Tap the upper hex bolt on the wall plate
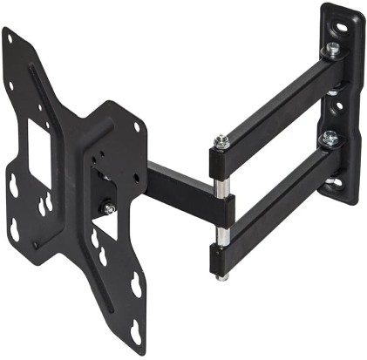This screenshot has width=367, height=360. pyautogui.click(x=333, y=50)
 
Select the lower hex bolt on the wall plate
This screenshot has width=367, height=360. pyautogui.click(x=330, y=137)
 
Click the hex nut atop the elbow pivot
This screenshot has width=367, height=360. pyautogui.click(x=221, y=139)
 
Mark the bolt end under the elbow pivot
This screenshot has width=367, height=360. pyautogui.click(x=224, y=277)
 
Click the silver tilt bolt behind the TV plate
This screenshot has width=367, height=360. pyautogui.click(x=108, y=209)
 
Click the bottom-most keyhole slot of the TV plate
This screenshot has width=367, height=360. pyautogui.click(x=136, y=330)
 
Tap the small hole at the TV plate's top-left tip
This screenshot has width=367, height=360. pyautogui.click(x=10, y=37)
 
